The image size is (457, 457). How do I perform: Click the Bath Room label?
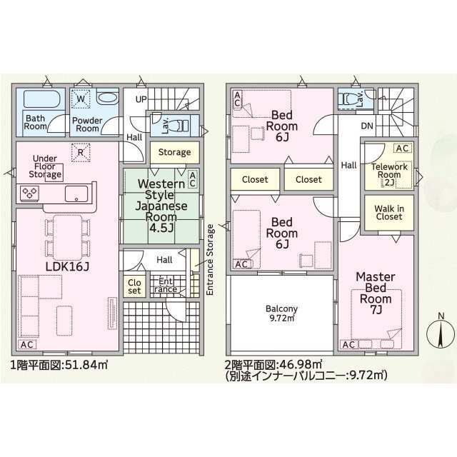point(35,122)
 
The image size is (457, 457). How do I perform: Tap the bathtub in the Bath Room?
point(41,99)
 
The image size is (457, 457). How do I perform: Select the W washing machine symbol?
point(81,99)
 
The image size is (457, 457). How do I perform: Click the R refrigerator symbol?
point(81,152)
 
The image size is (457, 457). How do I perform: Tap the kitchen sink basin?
point(76,194)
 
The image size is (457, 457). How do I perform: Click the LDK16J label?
point(67,266)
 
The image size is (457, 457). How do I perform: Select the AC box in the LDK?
point(27,344)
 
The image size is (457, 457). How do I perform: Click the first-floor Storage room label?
point(174,152)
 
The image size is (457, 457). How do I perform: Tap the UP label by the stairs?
point(141,99)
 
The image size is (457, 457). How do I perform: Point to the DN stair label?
point(367,126)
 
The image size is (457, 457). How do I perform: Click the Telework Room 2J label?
point(389,174)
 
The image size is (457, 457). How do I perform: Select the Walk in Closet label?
point(389,213)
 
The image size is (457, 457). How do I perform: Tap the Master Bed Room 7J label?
point(376,293)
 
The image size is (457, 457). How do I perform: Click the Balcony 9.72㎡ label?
point(281,313)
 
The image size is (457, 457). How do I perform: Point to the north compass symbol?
point(441,331)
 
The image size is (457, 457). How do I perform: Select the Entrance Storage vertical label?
point(210,260)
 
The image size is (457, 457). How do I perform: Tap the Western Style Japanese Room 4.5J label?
point(161,206)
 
